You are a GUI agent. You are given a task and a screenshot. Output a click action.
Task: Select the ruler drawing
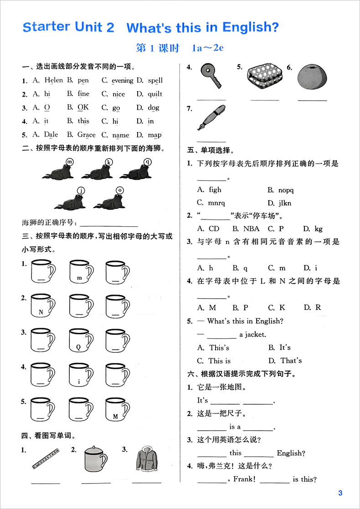[46, 458]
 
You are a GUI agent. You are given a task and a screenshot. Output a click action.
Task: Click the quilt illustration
[264, 76]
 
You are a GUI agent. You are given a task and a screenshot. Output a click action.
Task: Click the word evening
[122, 81]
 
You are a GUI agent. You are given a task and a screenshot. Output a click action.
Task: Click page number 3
[340, 493]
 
